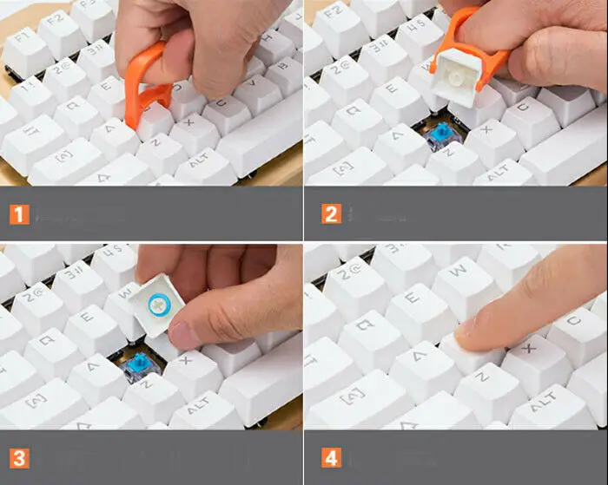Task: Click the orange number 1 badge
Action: click(x=18, y=213)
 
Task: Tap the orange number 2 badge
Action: click(x=330, y=213)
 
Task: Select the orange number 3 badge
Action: click(x=18, y=457)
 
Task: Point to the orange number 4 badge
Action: click(x=330, y=457)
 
